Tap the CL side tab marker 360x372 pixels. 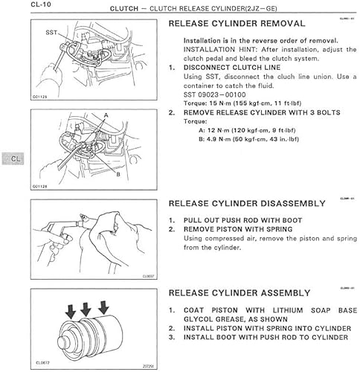coord(16,158)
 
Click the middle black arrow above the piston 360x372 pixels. coord(85,306)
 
